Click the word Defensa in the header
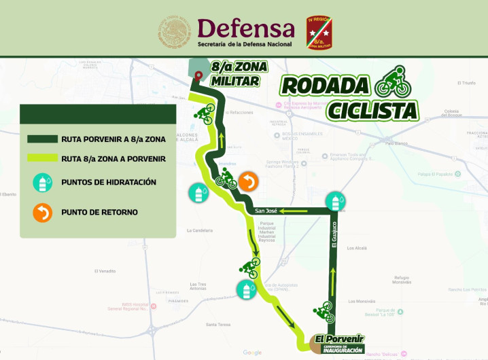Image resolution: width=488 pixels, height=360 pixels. [245, 28]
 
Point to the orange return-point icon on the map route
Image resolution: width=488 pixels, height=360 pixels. [249, 181]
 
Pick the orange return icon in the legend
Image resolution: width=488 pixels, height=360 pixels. [43, 213]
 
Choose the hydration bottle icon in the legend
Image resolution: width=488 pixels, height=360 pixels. [43, 183]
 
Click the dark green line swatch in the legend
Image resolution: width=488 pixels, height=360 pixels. [42, 139]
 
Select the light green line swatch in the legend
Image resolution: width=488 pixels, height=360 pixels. [42, 159]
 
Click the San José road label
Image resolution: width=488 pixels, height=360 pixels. [266, 211]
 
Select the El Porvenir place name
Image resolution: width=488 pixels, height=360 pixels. [339, 338]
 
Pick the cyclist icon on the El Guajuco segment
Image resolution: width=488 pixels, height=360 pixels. [325, 312]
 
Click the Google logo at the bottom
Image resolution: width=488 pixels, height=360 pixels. [252, 353]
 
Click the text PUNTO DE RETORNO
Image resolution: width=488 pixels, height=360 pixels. [99, 213]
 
